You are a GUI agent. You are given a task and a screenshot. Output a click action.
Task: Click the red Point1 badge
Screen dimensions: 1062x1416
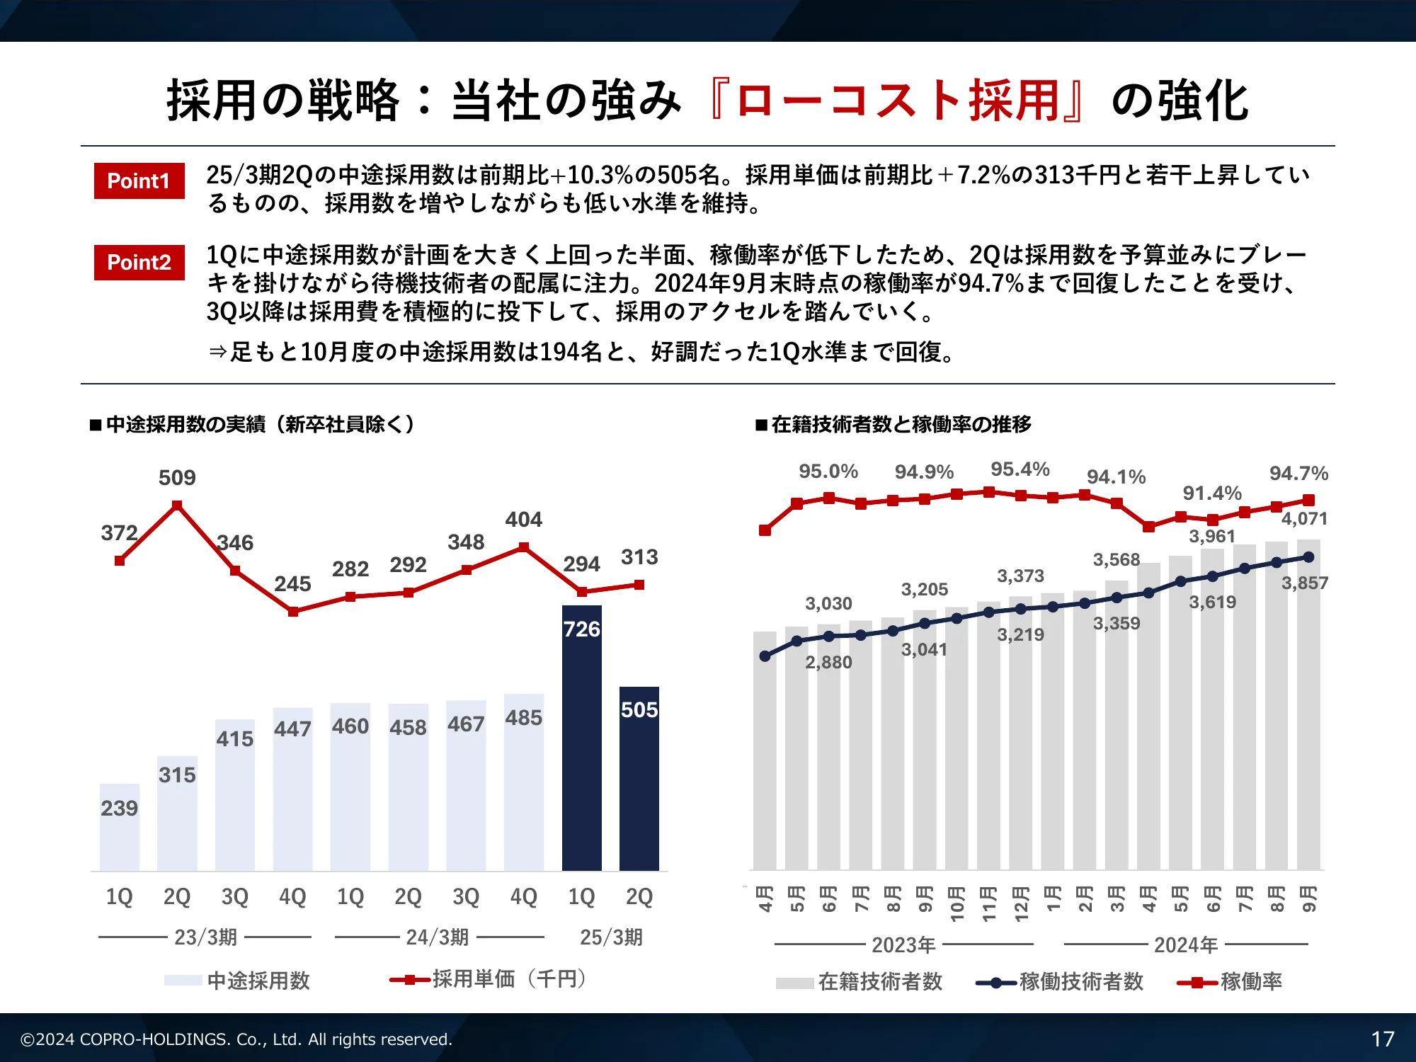[x=139, y=181]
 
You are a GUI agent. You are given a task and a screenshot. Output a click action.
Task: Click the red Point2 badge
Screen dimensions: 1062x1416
[x=139, y=263]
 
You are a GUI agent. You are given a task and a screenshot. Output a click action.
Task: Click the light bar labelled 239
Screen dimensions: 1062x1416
[x=119, y=828]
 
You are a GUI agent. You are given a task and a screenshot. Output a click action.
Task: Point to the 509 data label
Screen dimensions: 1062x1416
[x=177, y=478]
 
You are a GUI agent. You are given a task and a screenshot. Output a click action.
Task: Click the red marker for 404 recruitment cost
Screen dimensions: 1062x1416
[x=524, y=547]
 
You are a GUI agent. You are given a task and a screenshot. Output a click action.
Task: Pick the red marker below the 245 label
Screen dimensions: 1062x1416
[x=293, y=612]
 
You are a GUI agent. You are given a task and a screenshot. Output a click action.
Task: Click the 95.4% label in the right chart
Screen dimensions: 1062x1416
[x=1020, y=469]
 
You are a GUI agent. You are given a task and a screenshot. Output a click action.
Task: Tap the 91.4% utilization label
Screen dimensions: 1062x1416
[x=1212, y=493]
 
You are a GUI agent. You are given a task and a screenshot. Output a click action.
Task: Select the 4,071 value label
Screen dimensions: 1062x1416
[x=1304, y=518]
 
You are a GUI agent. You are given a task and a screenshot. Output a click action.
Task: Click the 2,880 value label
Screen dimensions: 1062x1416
[x=828, y=662]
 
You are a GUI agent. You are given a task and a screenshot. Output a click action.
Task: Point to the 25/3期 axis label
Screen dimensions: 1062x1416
[x=611, y=937]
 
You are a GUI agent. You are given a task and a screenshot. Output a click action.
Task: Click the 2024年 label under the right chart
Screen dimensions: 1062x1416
[x=1186, y=945]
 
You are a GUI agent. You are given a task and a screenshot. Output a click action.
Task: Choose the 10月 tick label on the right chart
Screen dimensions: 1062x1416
[x=957, y=903]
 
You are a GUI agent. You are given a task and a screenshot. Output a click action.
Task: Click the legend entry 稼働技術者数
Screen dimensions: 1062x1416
[x=1080, y=982]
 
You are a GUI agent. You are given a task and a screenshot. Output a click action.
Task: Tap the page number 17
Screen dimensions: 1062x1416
[x=1382, y=1039]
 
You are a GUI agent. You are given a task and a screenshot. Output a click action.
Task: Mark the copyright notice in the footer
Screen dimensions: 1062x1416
[x=236, y=1039]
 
